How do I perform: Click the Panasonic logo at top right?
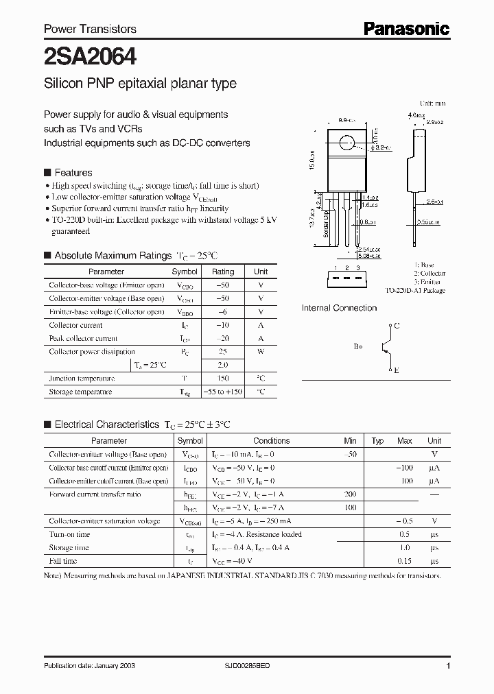coord(405,28)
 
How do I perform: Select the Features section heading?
coord(73,173)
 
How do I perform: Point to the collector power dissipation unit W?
coord(261,352)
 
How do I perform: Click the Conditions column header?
coord(271,441)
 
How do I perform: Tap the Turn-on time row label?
coord(70,534)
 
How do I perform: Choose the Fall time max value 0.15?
coord(404,561)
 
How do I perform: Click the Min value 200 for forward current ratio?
coord(351,494)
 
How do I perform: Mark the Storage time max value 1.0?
coord(404,548)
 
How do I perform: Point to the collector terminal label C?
coord(397,326)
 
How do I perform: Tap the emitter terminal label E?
coord(397,370)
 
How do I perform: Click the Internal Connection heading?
coord(339,308)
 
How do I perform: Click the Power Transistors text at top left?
coord(90,29)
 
